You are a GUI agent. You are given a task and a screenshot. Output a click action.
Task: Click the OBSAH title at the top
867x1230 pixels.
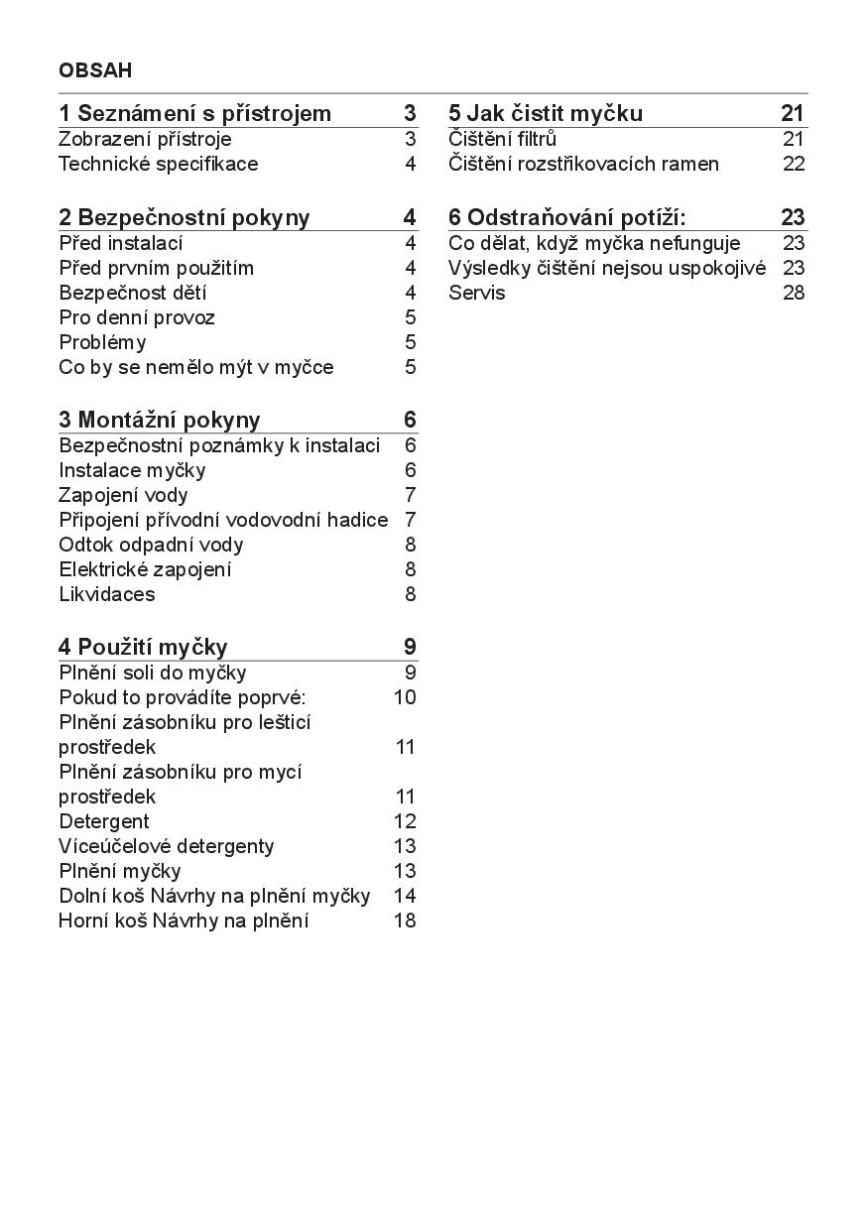(x=95, y=70)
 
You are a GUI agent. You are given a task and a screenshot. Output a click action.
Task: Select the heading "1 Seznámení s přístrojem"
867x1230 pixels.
(x=194, y=113)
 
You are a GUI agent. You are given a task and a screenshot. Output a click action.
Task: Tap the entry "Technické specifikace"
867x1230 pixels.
(x=158, y=164)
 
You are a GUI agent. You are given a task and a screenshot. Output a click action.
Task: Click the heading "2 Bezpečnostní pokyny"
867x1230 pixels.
(x=184, y=217)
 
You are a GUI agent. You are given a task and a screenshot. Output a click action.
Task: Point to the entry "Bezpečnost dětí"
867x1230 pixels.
(x=133, y=293)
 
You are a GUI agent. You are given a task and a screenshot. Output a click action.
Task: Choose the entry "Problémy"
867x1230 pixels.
(x=102, y=342)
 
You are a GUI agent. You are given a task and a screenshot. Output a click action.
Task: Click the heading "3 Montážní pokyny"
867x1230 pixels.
(x=159, y=419)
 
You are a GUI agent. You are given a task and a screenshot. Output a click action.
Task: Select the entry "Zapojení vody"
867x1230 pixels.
(x=123, y=495)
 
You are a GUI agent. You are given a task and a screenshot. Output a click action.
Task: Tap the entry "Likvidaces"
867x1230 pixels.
(x=107, y=594)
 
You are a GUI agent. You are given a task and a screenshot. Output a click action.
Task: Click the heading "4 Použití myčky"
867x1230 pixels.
(x=143, y=647)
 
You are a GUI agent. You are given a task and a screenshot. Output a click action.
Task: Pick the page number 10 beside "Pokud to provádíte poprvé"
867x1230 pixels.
(x=405, y=697)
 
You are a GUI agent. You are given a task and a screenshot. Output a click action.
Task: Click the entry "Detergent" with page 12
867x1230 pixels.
(x=104, y=821)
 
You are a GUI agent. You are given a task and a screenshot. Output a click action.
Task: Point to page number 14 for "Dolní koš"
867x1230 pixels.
(x=405, y=896)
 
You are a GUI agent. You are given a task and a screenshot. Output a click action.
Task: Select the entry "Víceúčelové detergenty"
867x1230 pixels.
(x=167, y=846)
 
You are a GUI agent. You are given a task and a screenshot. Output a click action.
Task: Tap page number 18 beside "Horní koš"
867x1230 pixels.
(x=405, y=921)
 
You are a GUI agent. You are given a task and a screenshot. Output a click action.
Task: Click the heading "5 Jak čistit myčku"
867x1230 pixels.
(x=546, y=113)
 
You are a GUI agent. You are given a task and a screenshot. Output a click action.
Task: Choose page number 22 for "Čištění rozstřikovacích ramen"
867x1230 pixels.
(x=794, y=164)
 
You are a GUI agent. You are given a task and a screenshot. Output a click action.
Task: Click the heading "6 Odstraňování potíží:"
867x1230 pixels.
(x=566, y=217)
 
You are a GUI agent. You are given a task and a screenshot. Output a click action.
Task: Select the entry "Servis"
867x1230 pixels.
(x=476, y=293)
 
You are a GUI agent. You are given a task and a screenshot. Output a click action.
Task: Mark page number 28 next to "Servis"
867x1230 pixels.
(x=794, y=293)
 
